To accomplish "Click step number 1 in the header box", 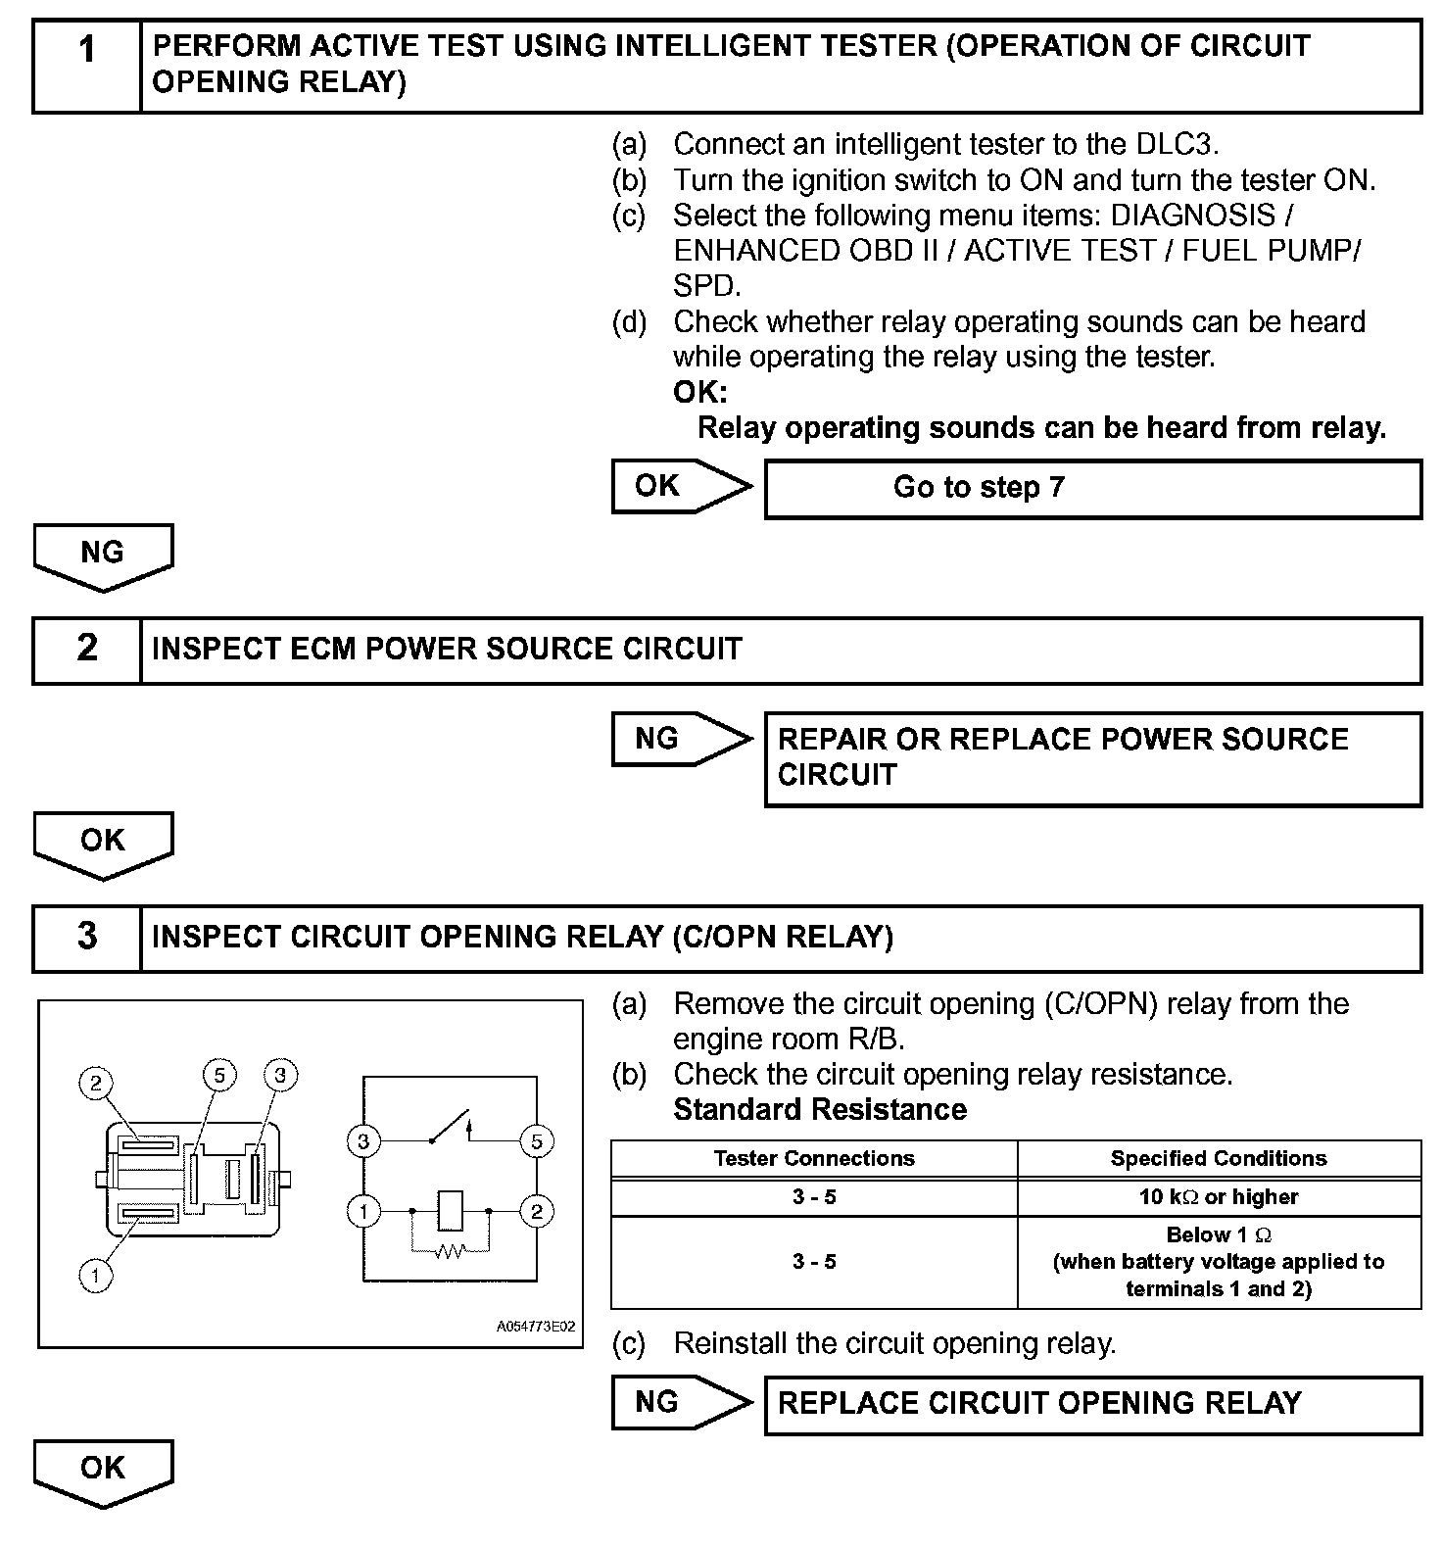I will pyautogui.click(x=87, y=49).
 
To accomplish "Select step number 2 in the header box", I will pyautogui.click(x=87, y=649).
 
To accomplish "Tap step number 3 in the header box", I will pyautogui.click(x=87, y=937).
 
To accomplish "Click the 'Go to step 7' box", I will pyautogui.click(x=1091, y=488).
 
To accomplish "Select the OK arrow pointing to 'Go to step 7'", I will pyautogui.click(x=681, y=486).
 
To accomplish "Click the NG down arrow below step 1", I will pyautogui.click(x=103, y=555).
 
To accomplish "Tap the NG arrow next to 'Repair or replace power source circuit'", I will pyautogui.click(x=681, y=739).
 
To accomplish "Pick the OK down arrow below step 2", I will pyautogui.click(x=103, y=843).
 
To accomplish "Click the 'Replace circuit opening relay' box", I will pyautogui.click(x=1091, y=1404).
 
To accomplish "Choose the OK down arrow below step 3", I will pyautogui.click(x=103, y=1470).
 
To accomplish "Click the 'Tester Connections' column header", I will pyautogui.click(x=814, y=1158).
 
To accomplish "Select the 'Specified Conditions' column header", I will pyautogui.click(x=1219, y=1158).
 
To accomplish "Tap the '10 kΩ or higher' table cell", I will pyautogui.click(x=1219, y=1196).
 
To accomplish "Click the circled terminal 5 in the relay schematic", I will pyautogui.click(x=537, y=1141).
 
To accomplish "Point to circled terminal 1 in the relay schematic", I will pyautogui.click(x=363, y=1212).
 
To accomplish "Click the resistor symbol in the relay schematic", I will pyautogui.click(x=450, y=1251).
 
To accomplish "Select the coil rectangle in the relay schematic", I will pyautogui.click(x=450, y=1211).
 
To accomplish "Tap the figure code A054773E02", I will pyautogui.click(x=535, y=1328).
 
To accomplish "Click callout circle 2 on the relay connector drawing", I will pyautogui.click(x=96, y=1084).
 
